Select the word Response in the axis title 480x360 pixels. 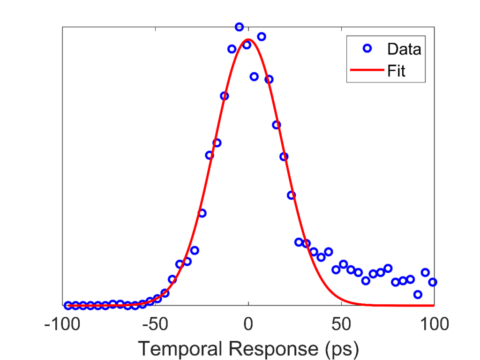click(x=263, y=348)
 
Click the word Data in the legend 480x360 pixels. click(x=404, y=49)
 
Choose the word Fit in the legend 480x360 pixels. click(x=396, y=71)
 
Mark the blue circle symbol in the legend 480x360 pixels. click(x=367, y=48)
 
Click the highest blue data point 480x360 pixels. click(x=239, y=27)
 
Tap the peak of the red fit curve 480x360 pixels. click(x=248, y=39)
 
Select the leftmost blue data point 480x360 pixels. click(x=68, y=305)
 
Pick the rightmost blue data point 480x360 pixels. click(x=433, y=282)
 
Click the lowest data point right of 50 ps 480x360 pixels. click(x=418, y=294)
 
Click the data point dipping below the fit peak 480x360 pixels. click(x=254, y=76)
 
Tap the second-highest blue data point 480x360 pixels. click(x=262, y=37)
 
